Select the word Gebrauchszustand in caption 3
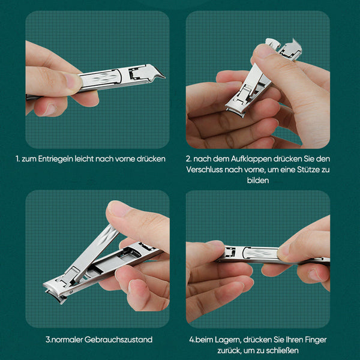point(118,340)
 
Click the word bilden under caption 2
point(258,180)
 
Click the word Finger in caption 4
point(316,340)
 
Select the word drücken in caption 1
point(151,159)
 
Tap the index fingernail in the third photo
point(118,208)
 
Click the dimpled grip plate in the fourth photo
point(260,253)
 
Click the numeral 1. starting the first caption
point(17,159)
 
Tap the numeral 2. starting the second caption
point(188,159)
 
